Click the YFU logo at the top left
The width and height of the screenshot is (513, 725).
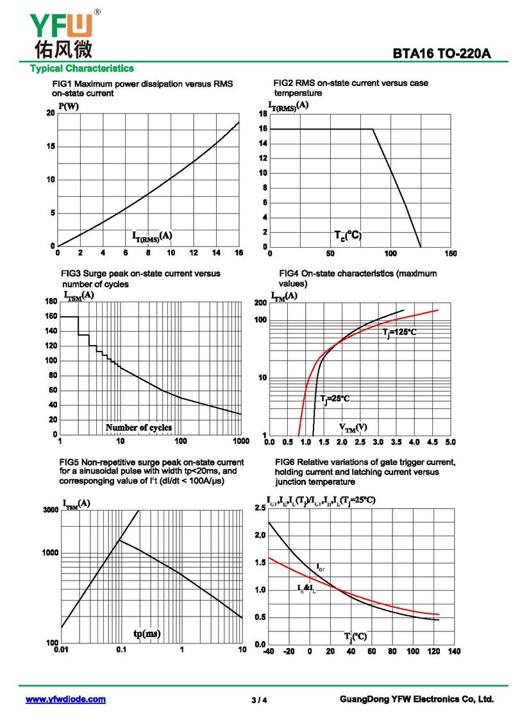point(62,32)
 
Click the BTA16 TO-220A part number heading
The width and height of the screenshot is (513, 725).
point(442,54)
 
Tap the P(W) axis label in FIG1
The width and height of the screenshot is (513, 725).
point(69,106)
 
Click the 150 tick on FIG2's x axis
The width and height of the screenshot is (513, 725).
point(451,254)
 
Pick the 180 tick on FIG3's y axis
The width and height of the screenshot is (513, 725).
point(50,301)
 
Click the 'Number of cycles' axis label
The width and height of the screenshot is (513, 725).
point(139,427)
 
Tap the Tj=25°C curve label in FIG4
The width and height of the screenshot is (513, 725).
point(335,399)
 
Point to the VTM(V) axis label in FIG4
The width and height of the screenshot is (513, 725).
point(353,427)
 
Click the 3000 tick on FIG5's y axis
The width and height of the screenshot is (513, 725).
point(50,510)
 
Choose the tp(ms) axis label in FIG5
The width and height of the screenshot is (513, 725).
point(147,634)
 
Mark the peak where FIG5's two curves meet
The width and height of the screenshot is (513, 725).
point(120,540)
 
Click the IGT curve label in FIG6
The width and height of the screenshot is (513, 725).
point(321,568)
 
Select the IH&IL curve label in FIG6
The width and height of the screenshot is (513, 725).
point(307,588)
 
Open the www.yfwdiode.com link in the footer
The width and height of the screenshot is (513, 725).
point(65,699)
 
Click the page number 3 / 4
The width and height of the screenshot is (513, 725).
point(259,700)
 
